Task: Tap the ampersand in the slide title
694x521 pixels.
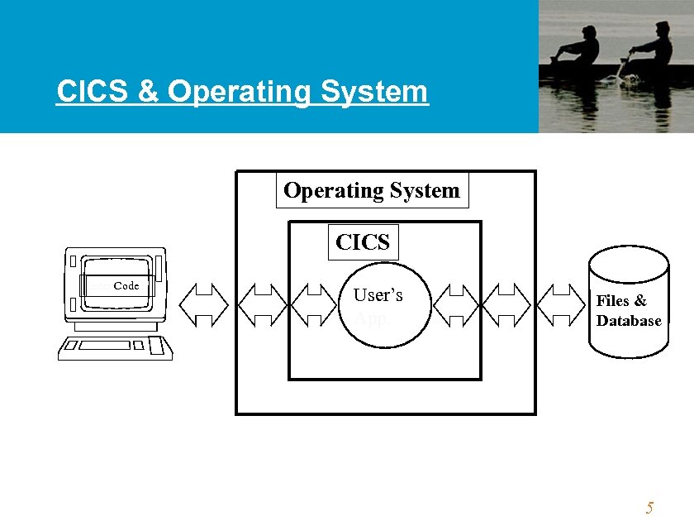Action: [x=148, y=92]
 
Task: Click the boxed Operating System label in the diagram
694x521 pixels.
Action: [x=371, y=191]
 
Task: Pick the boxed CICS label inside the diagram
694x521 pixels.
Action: [x=363, y=241]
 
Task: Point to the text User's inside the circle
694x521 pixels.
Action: [x=378, y=294]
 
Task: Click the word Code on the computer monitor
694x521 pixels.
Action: [x=126, y=286]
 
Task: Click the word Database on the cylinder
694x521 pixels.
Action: [x=629, y=321]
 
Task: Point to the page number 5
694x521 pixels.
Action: [x=649, y=508]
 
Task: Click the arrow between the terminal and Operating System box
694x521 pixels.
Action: [x=204, y=303]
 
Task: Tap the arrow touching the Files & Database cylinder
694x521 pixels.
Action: [x=568, y=303]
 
